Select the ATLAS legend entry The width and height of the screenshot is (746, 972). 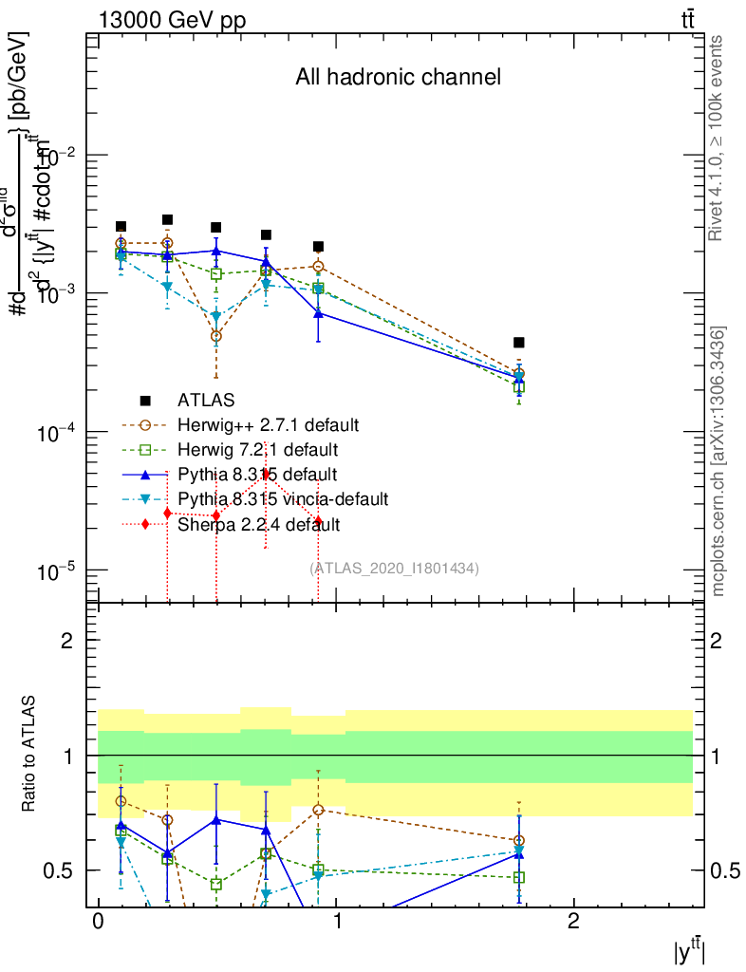(206, 399)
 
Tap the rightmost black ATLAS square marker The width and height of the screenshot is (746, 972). (519, 343)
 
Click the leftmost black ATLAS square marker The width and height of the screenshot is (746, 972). (121, 227)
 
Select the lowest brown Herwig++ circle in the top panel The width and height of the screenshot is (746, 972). (216, 336)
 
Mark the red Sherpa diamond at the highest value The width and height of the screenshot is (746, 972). (267, 474)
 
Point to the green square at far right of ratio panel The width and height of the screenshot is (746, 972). (519, 877)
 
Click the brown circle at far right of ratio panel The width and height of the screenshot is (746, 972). (519, 841)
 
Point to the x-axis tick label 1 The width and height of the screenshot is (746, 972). (335, 922)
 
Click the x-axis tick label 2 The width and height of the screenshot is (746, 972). (573, 922)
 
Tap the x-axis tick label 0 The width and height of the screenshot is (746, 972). (98, 922)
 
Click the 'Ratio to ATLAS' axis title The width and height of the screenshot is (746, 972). (30, 755)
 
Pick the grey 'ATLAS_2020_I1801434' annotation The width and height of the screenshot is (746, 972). (394, 569)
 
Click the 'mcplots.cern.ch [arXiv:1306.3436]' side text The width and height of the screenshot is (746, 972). (718, 461)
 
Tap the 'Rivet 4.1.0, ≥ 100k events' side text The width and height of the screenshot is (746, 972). (718, 138)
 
